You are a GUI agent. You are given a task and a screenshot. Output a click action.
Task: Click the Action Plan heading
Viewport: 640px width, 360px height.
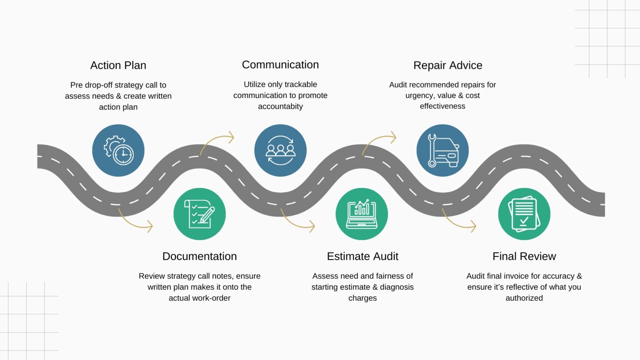pyautogui.click(x=118, y=65)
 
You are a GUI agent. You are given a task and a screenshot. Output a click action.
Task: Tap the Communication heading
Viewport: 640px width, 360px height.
pyautogui.click(x=280, y=65)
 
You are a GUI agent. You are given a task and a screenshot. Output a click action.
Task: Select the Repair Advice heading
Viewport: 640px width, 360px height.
pyautogui.click(x=447, y=65)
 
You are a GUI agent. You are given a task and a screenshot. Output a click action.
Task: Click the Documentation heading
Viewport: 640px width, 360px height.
pyautogui.click(x=200, y=256)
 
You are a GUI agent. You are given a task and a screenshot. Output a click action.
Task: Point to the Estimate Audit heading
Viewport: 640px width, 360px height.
pyautogui.click(x=362, y=256)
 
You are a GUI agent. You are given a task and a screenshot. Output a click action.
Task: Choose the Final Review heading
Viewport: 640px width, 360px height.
pyautogui.click(x=524, y=256)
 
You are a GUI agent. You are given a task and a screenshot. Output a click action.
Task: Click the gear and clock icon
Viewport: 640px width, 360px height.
pyautogui.click(x=118, y=150)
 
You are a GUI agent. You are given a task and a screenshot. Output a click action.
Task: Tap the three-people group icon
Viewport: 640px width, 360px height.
pyautogui.click(x=280, y=150)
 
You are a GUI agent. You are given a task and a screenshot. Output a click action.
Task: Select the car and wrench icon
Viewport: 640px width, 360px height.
pyautogui.click(x=442, y=150)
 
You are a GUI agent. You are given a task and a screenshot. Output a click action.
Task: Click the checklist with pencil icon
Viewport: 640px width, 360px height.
pyautogui.click(x=200, y=214)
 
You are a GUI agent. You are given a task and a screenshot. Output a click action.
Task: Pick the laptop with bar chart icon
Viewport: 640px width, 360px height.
pyautogui.click(x=362, y=214)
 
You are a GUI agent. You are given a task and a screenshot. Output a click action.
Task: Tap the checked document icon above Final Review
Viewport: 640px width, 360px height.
pyautogui.click(x=524, y=214)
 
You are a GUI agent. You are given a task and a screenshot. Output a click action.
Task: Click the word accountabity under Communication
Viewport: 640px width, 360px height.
pyautogui.click(x=280, y=106)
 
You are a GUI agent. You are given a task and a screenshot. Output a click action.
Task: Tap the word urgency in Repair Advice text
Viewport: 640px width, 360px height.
pyautogui.click(x=419, y=95)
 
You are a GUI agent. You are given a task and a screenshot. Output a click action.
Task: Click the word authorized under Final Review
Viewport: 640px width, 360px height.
pyautogui.click(x=524, y=298)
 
